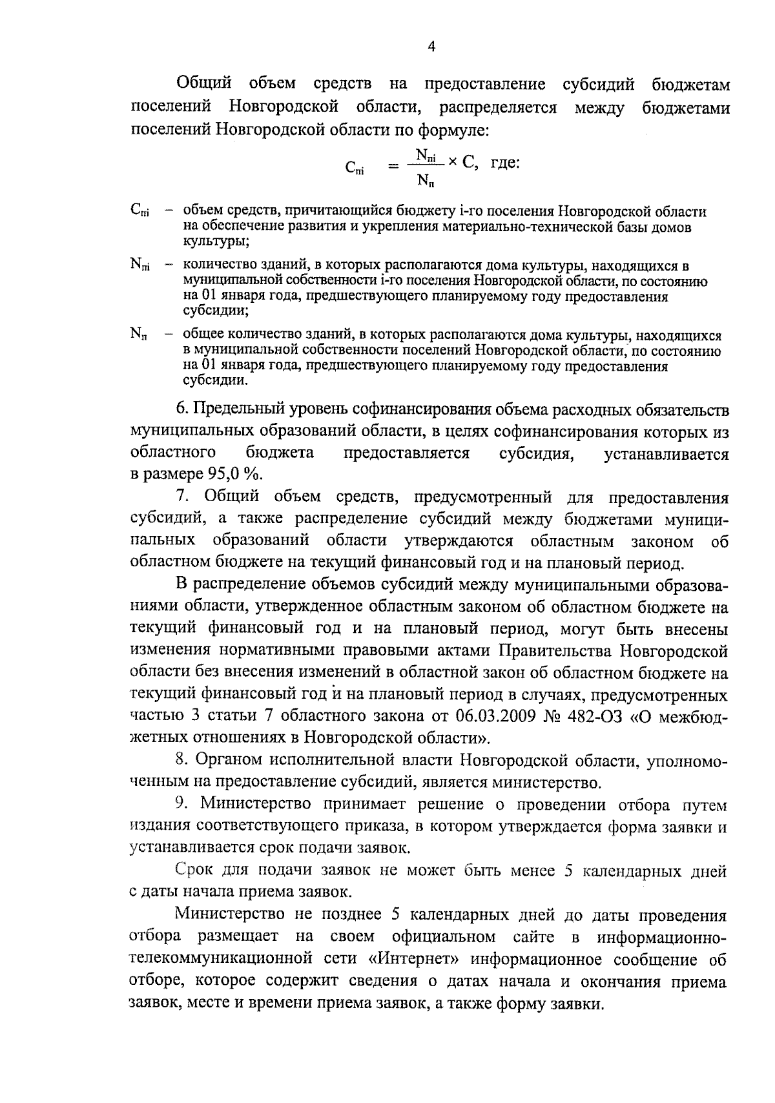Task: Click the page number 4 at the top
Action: [x=431, y=46]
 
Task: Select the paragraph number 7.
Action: [x=181, y=497]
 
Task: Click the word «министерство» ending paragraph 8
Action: [x=546, y=783]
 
